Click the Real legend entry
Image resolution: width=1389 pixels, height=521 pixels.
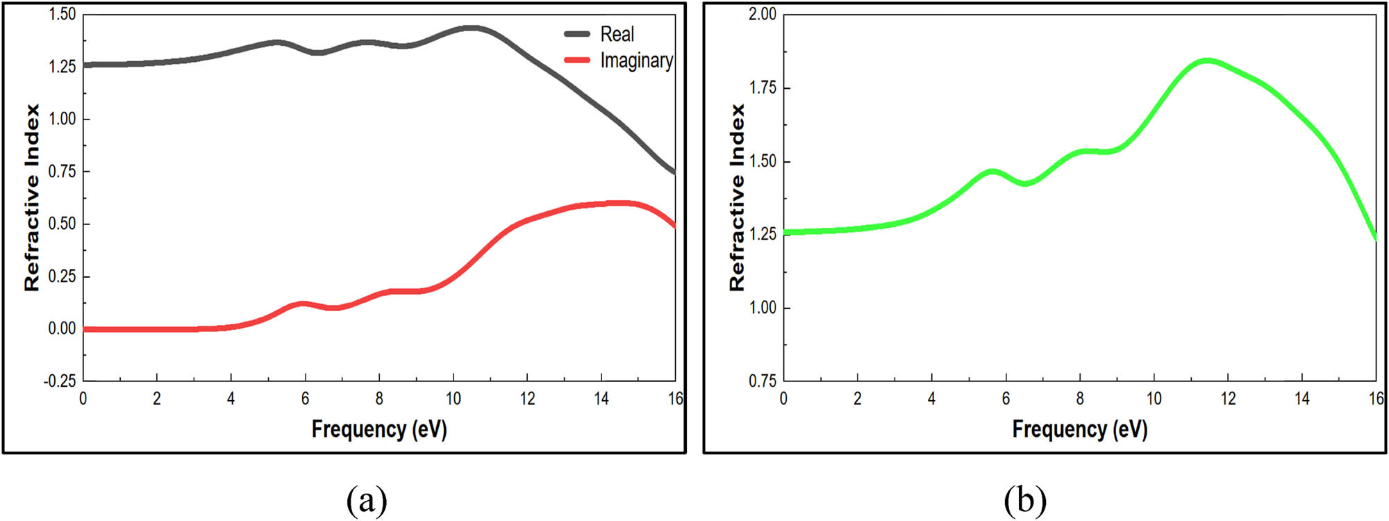click(617, 34)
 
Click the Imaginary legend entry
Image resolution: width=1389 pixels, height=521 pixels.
click(636, 60)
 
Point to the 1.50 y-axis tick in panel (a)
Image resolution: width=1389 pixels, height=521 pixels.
click(62, 15)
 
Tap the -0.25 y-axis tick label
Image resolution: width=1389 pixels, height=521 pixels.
click(60, 381)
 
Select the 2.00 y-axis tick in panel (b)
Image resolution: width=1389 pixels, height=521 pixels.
click(762, 15)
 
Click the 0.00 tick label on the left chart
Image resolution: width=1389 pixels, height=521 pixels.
click(62, 329)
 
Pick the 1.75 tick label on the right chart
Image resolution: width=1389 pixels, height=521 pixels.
click(763, 88)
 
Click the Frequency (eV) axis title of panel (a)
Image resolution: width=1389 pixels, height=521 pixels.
click(379, 429)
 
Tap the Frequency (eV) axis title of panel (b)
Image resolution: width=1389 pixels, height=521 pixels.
click(1079, 429)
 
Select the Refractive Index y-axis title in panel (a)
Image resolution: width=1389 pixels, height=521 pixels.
click(32, 197)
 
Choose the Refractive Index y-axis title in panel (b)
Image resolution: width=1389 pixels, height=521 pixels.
click(737, 197)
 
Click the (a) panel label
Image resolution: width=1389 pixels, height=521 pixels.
click(366, 499)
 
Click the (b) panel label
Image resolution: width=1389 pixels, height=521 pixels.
click(1024, 499)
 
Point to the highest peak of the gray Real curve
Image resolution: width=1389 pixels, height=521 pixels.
click(471, 28)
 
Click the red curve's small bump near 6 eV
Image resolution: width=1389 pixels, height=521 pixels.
click(303, 304)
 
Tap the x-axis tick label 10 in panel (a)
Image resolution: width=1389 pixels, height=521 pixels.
click(453, 399)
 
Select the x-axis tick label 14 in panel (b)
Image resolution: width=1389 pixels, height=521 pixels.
click(1301, 399)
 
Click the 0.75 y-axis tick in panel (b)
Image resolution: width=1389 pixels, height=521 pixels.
click(763, 381)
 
